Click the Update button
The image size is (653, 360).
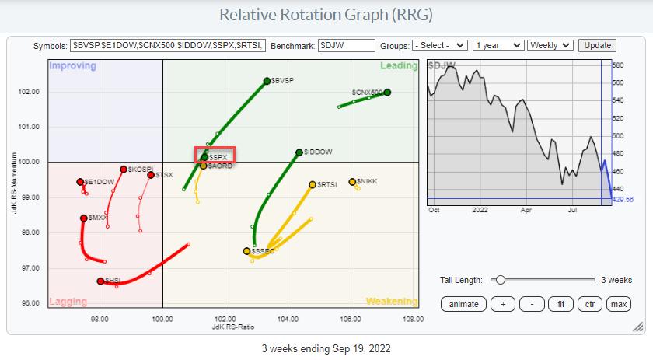(x=597, y=46)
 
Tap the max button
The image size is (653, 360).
(x=619, y=304)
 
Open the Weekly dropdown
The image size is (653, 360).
(x=550, y=46)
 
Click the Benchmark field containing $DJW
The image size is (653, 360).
(x=347, y=46)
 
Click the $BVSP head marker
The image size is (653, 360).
(x=267, y=81)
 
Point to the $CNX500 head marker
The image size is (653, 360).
(x=387, y=93)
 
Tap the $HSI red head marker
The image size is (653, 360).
(x=100, y=281)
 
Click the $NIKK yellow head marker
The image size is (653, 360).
(x=352, y=182)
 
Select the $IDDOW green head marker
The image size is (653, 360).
(x=299, y=152)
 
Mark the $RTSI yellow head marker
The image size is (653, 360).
(x=313, y=184)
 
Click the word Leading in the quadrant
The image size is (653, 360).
(x=399, y=66)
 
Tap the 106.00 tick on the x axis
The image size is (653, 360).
(x=351, y=319)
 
